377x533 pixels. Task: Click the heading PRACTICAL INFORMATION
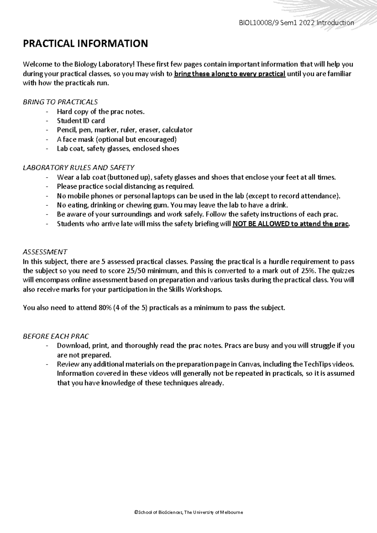85,43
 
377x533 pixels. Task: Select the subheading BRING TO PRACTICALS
60,102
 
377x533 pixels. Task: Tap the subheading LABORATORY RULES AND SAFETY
79,168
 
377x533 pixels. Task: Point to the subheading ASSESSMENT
45,252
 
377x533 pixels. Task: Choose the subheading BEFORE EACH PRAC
56,336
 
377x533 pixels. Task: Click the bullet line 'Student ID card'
81,121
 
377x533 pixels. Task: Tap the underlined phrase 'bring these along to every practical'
230,74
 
